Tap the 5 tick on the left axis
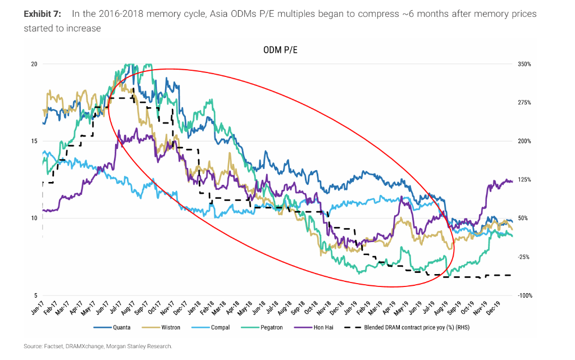(x=35, y=295)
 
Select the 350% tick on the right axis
(x=524, y=64)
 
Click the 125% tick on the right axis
(x=524, y=180)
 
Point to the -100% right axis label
(x=524, y=295)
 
